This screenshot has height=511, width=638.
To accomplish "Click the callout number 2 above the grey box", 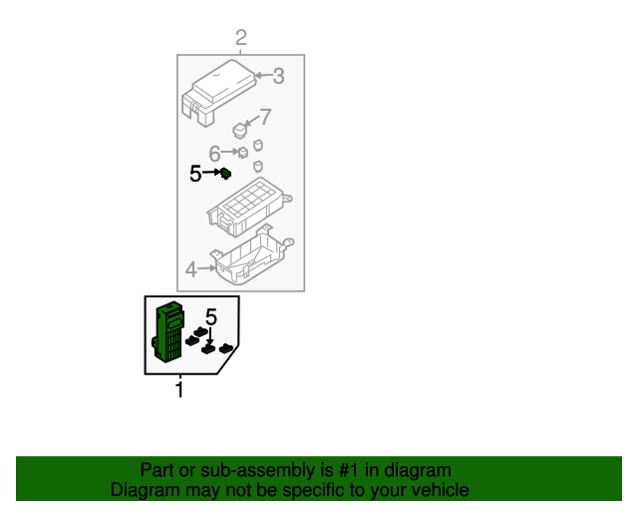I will click(x=241, y=39).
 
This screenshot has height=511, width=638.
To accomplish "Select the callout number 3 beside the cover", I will click(x=279, y=75).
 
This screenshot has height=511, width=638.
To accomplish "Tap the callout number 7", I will click(x=265, y=116).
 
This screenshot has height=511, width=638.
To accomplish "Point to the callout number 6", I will click(x=214, y=154).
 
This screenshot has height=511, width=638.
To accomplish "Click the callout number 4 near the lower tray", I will click(x=191, y=268).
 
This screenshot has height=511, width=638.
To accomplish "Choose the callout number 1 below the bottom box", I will click(x=180, y=389).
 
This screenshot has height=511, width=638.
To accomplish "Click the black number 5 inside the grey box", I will click(x=195, y=174).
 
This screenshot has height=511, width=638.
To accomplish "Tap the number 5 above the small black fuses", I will click(x=211, y=317).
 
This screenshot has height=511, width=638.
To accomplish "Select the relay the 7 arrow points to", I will click(x=240, y=130).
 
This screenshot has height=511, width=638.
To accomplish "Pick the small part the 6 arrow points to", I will click(x=242, y=153).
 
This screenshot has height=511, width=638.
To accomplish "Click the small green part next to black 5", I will click(x=227, y=174).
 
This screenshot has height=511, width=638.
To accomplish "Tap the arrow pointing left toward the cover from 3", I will click(x=262, y=75).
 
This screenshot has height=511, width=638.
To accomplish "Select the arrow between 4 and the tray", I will click(x=207, y=267).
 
